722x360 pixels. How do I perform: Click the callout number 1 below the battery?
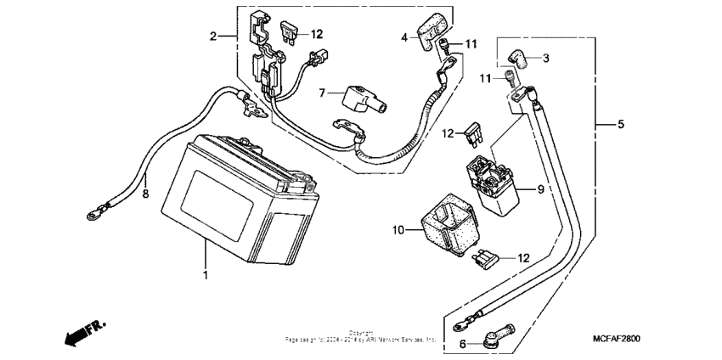tap(204, 276)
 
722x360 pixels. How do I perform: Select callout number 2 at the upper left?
tap(215, 36)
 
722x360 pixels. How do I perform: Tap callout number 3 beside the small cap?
tap(546, 58)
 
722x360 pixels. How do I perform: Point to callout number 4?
tap(405, 36)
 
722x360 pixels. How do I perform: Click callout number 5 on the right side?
tap(620, 125)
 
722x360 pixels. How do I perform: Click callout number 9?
tap(539, 190)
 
